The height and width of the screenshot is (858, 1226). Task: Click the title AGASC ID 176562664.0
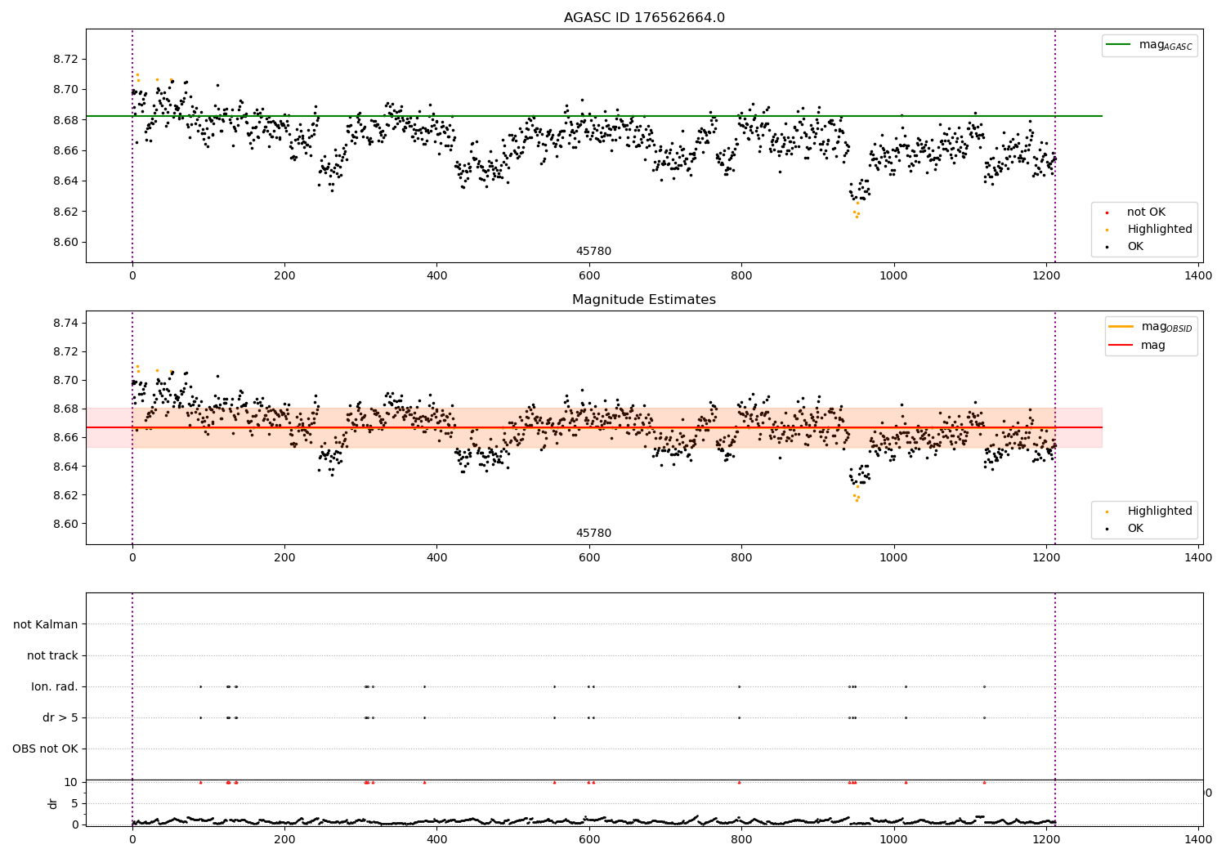[644, 18]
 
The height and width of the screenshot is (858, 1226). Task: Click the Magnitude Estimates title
[644, 300]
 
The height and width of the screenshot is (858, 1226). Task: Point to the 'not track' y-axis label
[52, 655]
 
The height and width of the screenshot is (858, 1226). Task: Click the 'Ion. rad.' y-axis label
[54, 686]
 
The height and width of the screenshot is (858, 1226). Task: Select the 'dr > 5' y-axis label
[60, 717]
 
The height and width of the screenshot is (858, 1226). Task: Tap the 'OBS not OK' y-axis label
[45, 749]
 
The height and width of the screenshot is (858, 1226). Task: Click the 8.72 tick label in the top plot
[66, 59]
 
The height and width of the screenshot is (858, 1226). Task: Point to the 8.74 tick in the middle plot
[66, 323]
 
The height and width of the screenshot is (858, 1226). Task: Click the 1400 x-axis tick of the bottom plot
[1199, 839]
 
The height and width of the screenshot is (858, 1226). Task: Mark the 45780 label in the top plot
[593, 252]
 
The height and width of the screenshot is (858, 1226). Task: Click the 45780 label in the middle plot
[593, 534]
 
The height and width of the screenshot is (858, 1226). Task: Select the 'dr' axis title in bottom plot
[53, 803]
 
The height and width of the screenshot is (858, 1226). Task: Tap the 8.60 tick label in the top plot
[66, 242]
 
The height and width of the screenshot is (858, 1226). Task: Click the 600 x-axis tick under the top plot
[589, 276]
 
